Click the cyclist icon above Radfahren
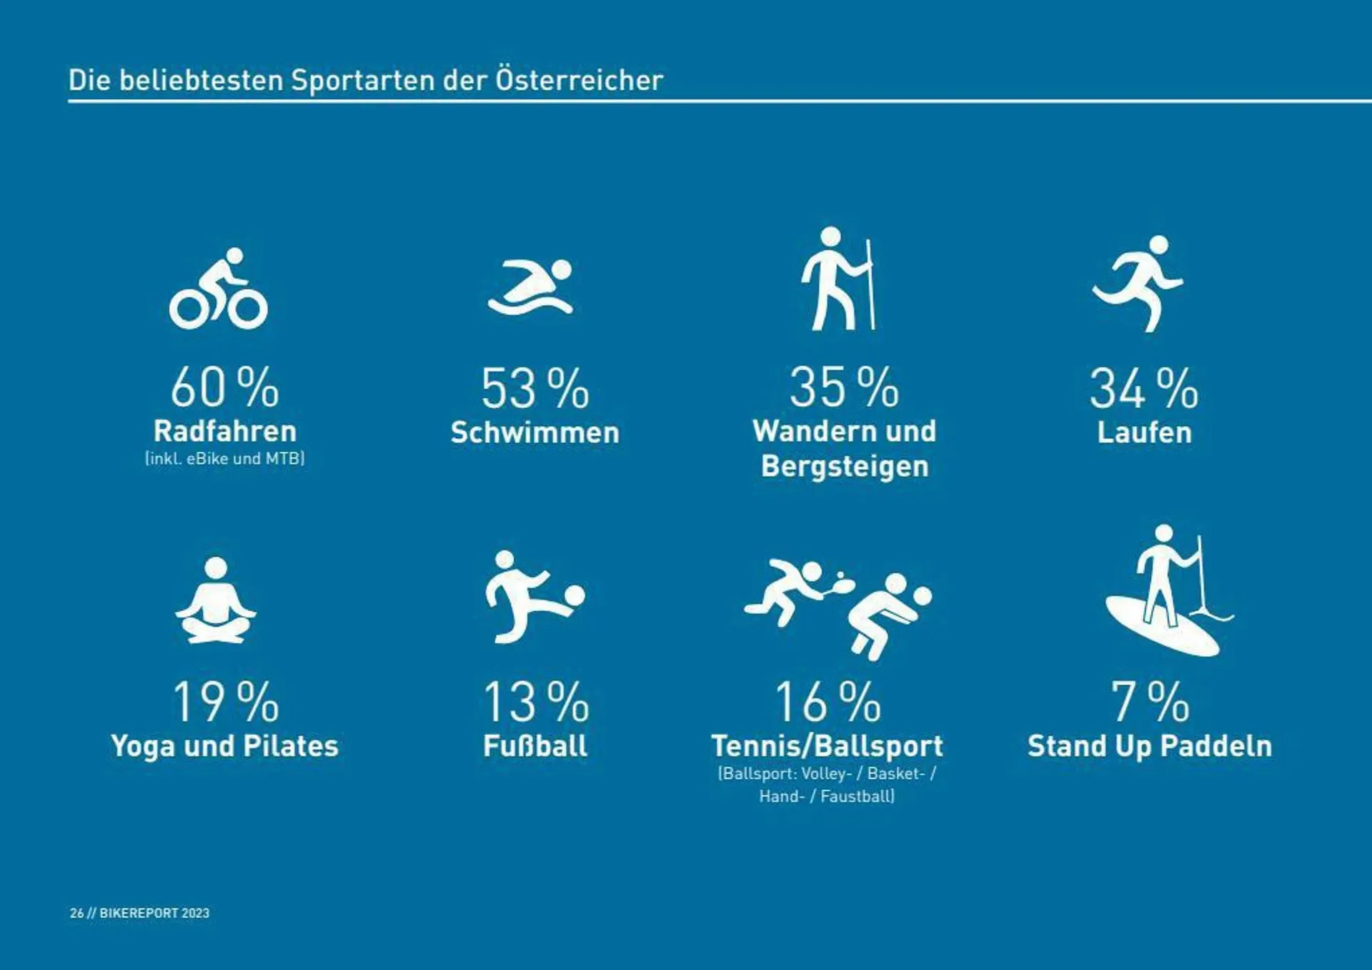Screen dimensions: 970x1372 point(219,289)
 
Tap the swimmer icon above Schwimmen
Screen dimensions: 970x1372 point(531,287)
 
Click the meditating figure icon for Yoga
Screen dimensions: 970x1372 point(216,601)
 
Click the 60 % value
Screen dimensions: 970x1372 point(224,388)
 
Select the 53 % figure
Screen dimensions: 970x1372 point(535,390)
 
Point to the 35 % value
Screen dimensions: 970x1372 point(844,388)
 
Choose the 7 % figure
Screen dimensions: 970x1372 point(1149,703)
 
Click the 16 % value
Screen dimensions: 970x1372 point(827,703)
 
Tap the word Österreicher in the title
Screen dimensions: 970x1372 point(580,80)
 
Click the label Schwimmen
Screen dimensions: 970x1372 point(535,433)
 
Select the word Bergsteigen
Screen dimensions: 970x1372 point(845,467)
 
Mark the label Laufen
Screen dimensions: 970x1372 point(1144,433)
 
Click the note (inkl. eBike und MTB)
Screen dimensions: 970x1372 point(224,459)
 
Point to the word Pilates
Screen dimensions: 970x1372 point(291,746)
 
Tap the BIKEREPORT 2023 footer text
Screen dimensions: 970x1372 point(154,913)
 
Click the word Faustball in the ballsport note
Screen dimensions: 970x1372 point(856,796)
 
